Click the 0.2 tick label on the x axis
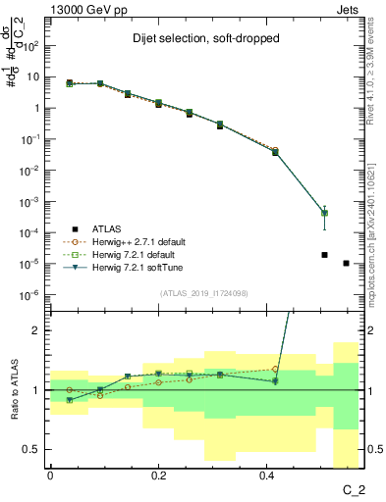coord(158,476)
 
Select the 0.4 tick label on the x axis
coord(267,476)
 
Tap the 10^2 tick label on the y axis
coord(28,45)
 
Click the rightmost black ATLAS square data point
coord(346,263)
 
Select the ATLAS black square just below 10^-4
coord(324,255)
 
